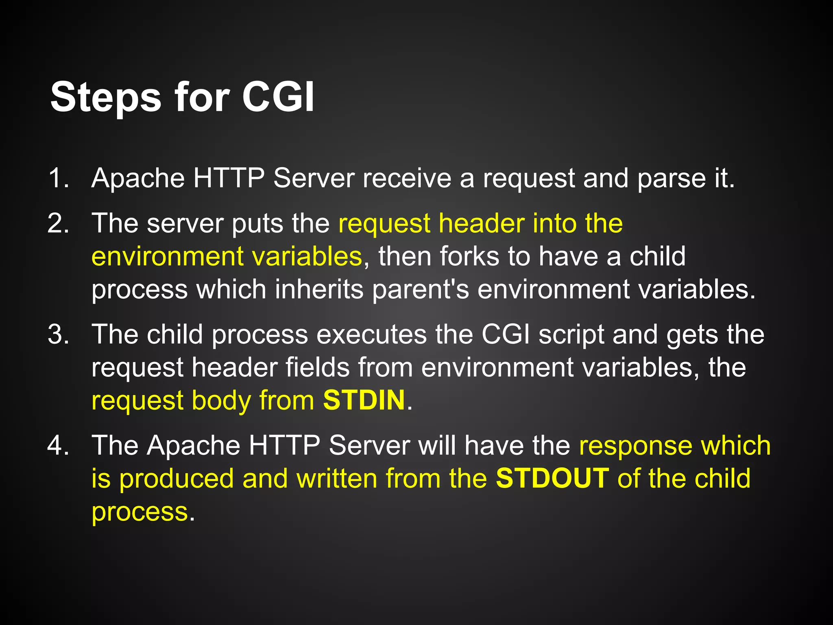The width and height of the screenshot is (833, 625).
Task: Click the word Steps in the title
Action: click(x=106, y=97)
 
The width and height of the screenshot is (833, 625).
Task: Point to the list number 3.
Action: click(x=58, y=334)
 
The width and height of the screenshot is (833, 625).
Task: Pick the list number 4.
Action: click(x=58, y=445)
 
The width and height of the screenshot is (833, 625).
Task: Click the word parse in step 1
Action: click(x=672, y=179)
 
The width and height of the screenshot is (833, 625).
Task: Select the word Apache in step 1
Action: click(x=138, y=179)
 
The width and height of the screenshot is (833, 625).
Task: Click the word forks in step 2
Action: click(x=469, y=256)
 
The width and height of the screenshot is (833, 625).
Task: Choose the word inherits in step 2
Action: click(x=319, y=290)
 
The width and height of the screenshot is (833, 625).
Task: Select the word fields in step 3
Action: click(x=318, y=367)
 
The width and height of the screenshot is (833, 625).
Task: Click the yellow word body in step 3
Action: click(x=221, y=401)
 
